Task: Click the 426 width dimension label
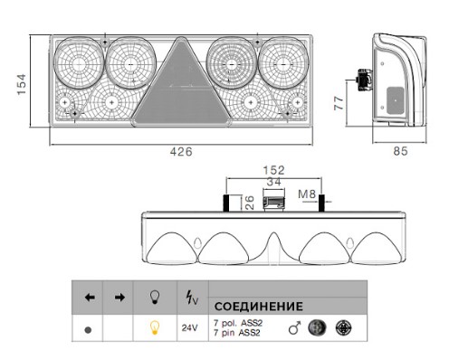[x=181, y=151]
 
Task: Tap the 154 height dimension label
[x=22, y=84]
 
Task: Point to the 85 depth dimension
[x=400, y=151]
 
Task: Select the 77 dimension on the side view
[x=339, y=103]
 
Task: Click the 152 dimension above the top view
[x=273, y=170]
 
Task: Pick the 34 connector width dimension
[x=273, y=182]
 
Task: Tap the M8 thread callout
[x=307, y=194]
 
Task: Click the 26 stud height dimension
[x=250, y=203]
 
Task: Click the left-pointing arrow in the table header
[x=90, y=298]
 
